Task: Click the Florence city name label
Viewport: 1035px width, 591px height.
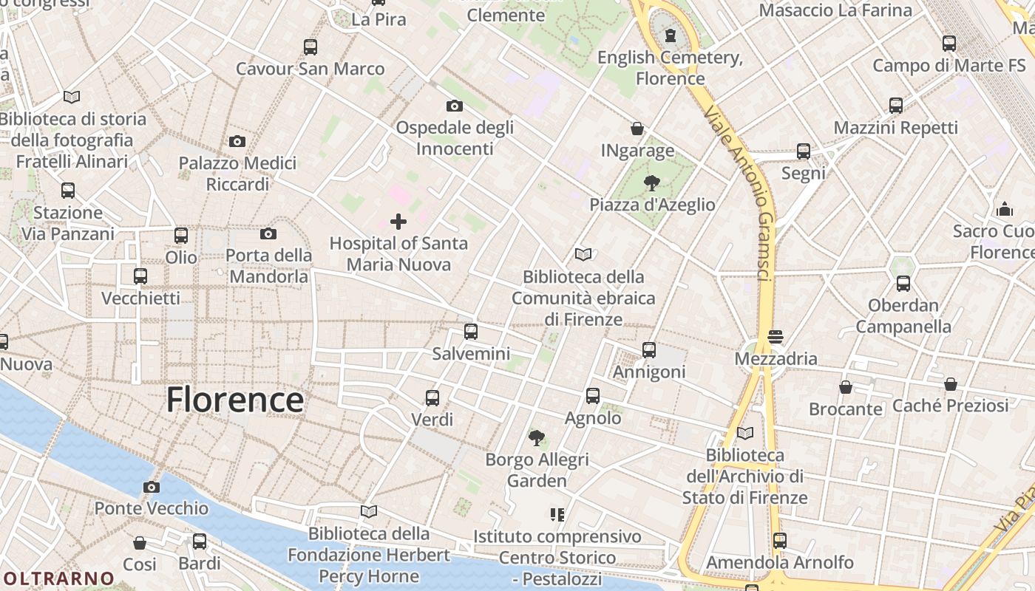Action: point(234,400)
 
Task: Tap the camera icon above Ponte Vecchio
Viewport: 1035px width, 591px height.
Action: point(152,487)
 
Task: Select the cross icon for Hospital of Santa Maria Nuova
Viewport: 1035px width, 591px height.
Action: point(398,222)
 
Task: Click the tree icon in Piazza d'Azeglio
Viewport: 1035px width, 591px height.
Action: point(652,182)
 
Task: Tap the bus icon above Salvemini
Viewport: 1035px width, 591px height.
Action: point(471,332)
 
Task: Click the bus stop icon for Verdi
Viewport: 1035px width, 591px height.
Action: point(432,398)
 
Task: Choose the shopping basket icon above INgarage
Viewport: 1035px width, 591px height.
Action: point(637,129)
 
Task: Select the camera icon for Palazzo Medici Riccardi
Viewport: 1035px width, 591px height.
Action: point(237,141)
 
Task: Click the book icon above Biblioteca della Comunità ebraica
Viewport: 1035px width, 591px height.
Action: point(583,255)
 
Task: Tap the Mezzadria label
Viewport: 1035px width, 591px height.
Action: point(776,359)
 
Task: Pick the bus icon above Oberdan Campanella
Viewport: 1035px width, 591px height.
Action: point(903,284)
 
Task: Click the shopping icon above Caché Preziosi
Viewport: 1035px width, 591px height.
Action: point(951,384)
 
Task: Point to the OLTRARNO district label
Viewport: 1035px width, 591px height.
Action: point(58,578)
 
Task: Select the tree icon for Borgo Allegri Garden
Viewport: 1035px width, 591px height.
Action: point(537,438)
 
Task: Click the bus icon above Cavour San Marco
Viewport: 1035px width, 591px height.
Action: point(310,47)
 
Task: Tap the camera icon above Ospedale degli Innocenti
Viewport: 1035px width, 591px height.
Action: point(455,106)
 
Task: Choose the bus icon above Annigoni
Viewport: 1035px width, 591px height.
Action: point(649,350)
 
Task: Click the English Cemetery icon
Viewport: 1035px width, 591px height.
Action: point(671,35)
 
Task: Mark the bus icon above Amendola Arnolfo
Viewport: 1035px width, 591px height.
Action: point(779,541)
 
